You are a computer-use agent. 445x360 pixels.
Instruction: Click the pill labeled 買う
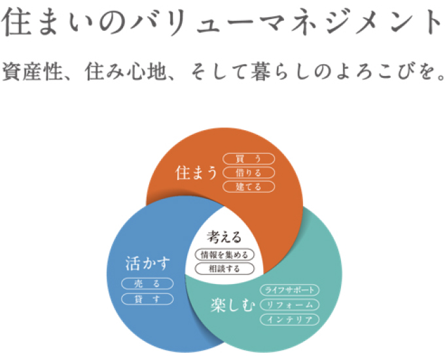249,158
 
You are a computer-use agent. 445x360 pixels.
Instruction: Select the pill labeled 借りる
249,173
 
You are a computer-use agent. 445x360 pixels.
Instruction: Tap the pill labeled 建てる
249,187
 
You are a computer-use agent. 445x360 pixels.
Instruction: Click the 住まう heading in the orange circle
196,173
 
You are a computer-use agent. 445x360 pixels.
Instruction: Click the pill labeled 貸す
147,298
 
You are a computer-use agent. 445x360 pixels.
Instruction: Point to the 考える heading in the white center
224,237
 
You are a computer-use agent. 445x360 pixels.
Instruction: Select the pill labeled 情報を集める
224,255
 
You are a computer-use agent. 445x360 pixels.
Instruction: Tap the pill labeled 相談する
224,268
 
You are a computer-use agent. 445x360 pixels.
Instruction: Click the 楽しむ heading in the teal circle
232,306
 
